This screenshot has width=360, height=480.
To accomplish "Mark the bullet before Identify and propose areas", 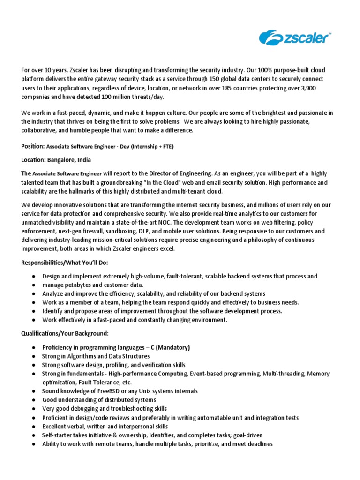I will tap(34, 311).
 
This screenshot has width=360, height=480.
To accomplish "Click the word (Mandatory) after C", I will tap(172, 347).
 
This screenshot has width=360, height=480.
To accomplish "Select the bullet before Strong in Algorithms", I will tap(34, 356).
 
